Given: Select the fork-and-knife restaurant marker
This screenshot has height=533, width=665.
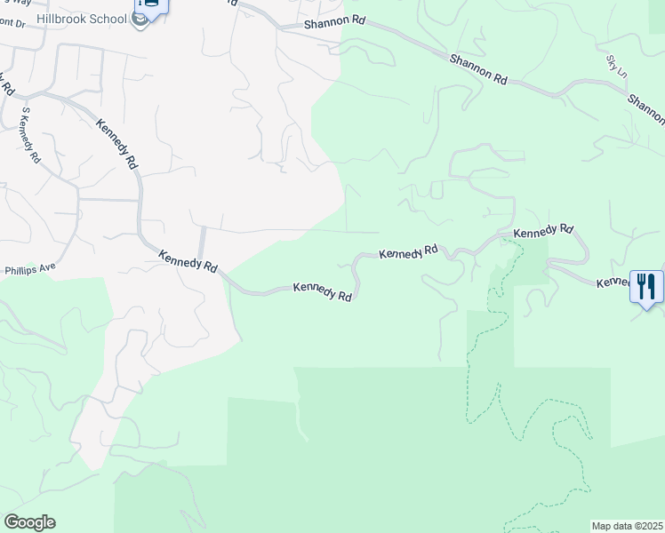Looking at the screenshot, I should point(646,287).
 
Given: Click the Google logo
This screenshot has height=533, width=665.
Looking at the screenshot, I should point(29,522).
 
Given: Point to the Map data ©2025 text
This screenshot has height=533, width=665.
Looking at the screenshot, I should point(627,526).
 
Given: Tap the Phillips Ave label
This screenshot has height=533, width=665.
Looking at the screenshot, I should point(30,267).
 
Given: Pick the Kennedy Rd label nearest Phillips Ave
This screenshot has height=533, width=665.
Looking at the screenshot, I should point(188,260).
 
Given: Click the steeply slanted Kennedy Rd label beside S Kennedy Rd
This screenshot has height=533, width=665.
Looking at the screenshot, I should point(116,144).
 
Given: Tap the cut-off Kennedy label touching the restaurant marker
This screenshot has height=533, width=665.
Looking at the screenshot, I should point(613,282).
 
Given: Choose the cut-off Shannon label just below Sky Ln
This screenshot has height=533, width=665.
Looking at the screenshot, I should point(646,109).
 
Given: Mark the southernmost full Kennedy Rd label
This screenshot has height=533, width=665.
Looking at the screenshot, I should point(324,291).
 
